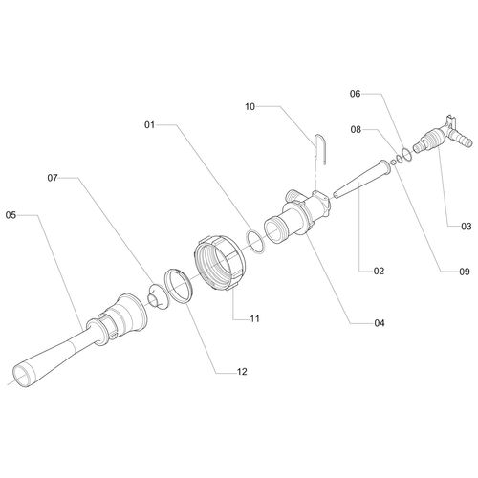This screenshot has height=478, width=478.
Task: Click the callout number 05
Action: [x=11, y=215]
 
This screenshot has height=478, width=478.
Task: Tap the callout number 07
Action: [x=53, y=178]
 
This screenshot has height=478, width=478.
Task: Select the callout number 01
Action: [x=149, y=124]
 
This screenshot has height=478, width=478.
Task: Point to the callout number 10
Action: [x=250, y=106]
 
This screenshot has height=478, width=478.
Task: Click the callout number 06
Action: [x=355, y=94]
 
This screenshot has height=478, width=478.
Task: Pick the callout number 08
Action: [x=356, y=129]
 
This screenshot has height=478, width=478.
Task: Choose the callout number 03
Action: [x=467, y=227]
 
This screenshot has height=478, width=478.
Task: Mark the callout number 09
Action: [x=465, y=272]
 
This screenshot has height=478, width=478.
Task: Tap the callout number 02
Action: [x=379, y=271]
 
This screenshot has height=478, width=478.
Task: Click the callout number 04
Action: [x=380, y=323]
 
